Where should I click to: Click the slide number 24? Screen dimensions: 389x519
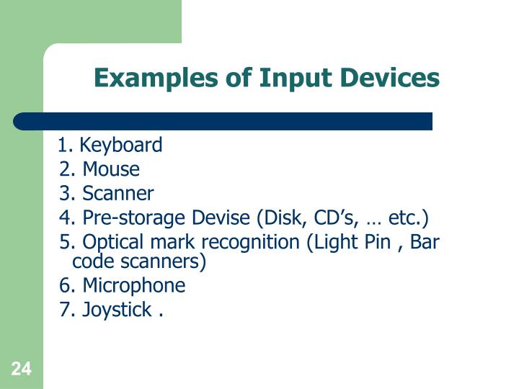pos(22,370)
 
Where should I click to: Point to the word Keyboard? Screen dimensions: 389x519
pos(121,146)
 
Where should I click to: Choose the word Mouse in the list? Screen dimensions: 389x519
pos(111,169)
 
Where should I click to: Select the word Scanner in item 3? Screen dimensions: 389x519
pos(118,194)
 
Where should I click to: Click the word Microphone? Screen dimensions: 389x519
pos(134,286)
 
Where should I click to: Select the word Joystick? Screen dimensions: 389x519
pos(117,310)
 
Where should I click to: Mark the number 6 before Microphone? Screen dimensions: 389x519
pos(66,286)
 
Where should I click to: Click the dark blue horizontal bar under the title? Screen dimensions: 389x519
pos(223,121)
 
